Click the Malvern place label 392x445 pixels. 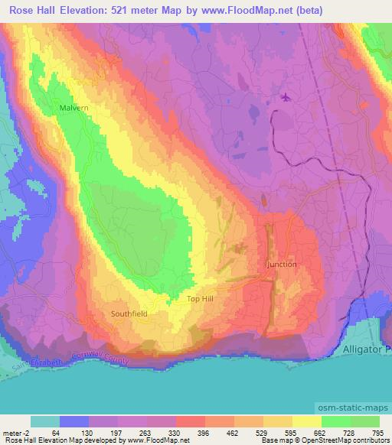tap(73, 109)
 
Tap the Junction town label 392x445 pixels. tap(281, 264)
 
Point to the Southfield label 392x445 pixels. tap(129, 313)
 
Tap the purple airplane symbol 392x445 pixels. tap(286, 97)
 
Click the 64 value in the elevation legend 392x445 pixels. tap(55, 432)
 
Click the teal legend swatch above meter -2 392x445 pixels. tap(44, 421)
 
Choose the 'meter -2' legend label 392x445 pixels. tap(16, 432)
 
